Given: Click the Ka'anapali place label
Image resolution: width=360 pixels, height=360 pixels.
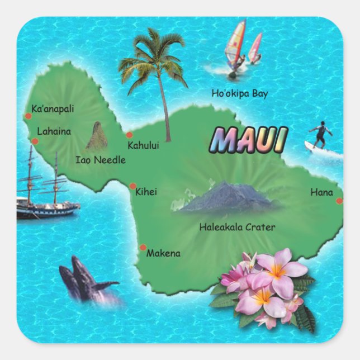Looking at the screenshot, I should (x=53, y=109).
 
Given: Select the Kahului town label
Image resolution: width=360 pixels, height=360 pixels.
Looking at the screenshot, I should (x=143, y=145).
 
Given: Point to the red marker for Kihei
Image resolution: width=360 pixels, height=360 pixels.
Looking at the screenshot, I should (x=133, y=186).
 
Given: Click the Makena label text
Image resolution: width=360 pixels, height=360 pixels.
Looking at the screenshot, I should (x=163, y=253).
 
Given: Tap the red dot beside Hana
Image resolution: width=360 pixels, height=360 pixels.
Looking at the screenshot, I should (x=339, y=201).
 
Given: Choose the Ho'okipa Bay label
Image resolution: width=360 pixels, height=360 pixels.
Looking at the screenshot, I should (x=239, y=93).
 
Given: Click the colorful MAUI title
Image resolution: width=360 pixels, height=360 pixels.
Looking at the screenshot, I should (x=250, y=140).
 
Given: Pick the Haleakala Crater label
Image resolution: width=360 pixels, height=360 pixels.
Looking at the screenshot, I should (x=237, y=227).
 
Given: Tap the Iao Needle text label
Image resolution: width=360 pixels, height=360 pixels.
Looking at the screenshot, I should (x=101, y=160).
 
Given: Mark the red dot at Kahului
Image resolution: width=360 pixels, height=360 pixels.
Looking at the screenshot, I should (x=129, y=135).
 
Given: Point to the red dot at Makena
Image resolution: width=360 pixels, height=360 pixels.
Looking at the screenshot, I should (x=143, y=247).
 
